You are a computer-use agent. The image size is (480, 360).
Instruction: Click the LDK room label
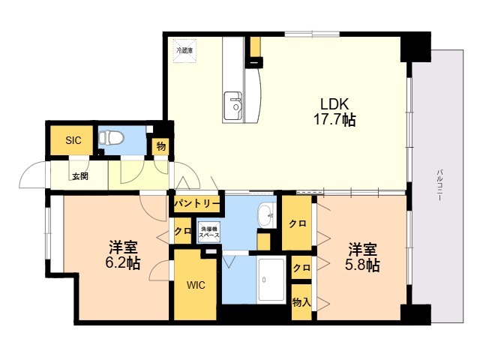[x=334, y=103]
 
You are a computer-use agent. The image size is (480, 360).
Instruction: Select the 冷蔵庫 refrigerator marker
[x=184, y=49]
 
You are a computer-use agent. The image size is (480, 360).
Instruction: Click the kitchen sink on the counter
[x=233, y=103]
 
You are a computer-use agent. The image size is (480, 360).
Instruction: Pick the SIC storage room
[x=73, y=139]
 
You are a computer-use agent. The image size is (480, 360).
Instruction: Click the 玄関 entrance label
[x=79, y=176]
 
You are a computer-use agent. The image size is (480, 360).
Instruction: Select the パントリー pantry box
[x=196, y=203]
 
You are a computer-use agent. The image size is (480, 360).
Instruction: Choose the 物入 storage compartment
[x=301, y=301]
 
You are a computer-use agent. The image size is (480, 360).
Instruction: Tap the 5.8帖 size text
[x=361, y=265]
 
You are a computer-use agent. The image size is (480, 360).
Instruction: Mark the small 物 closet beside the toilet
[x=160, y=146]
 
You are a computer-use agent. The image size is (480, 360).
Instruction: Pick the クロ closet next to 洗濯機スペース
[x=182, y=231]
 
